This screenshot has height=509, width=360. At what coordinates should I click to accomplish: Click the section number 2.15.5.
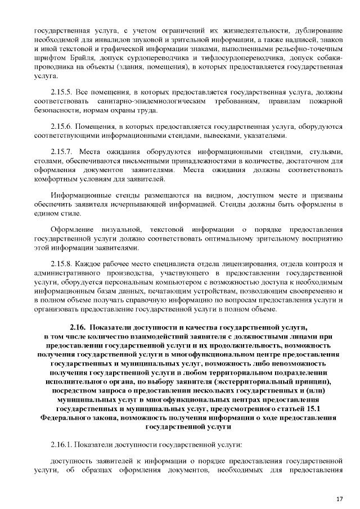point(61,92)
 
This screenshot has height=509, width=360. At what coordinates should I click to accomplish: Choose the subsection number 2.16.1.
point(61,445)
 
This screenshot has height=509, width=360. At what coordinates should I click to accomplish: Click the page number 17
point(339,499)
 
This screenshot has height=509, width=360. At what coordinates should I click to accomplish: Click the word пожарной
point(327,101)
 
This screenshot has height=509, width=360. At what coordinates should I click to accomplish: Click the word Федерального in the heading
point(66,418)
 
